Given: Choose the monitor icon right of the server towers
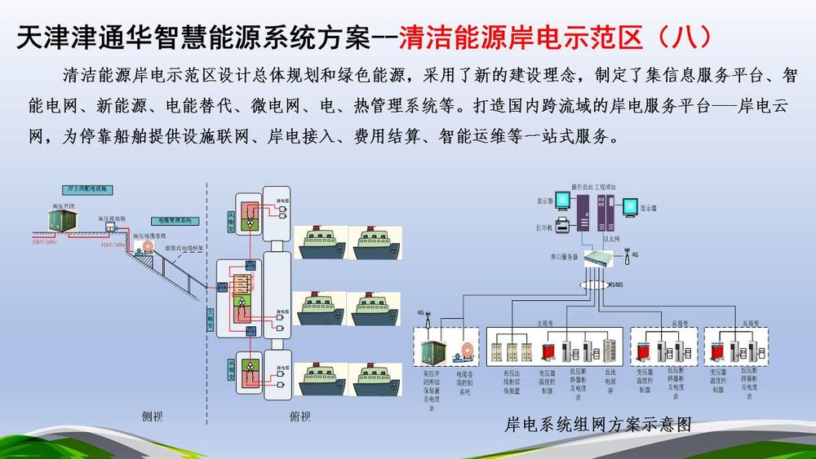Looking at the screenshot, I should [628, 205].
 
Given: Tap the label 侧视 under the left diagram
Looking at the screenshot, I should [153, 417].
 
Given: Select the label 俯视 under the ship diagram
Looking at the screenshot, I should [299, 417].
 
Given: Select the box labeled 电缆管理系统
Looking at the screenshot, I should [173, 220].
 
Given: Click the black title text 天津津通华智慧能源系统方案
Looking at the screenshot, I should [193, 37].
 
